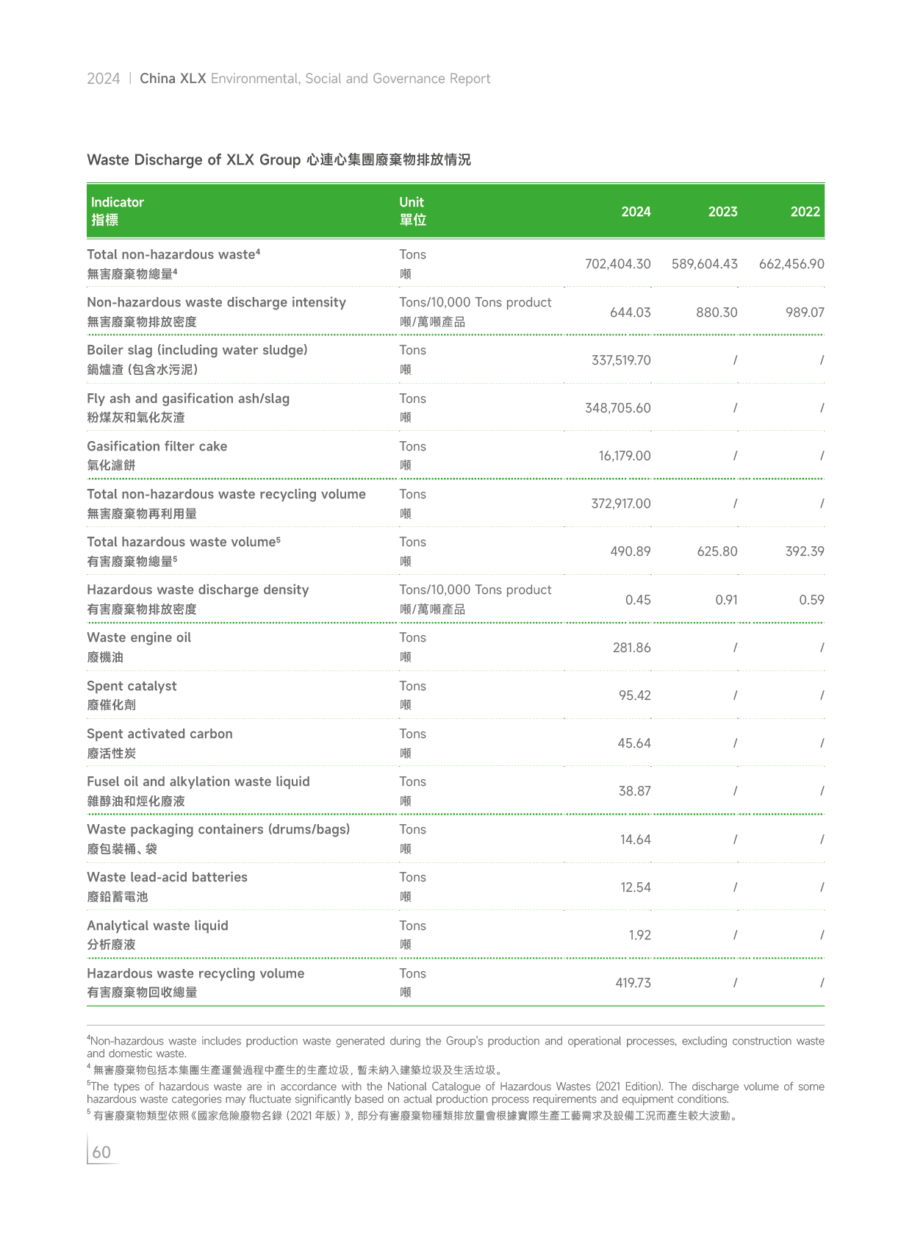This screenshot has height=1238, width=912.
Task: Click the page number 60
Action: (x=101, y=1152)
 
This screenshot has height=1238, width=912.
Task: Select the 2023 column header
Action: (x=722, y=212)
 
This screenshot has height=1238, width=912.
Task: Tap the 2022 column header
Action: (x=805, y=212)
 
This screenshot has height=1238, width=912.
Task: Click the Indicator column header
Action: (x=117, y=202)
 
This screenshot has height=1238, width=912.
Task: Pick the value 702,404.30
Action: (x=617, y=264)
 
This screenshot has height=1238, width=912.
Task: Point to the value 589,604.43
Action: (x=704, y=264)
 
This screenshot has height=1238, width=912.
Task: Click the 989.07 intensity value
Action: (x=805, y=312)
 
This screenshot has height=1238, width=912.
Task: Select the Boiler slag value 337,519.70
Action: (x=621, y=360)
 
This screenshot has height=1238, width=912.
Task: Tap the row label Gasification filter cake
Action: (x=157, y=446)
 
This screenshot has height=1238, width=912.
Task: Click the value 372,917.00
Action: (x=621, y=504)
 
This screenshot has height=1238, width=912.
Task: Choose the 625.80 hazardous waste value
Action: (x=717, y=551)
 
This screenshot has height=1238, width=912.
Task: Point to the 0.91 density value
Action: (x=726, y=600)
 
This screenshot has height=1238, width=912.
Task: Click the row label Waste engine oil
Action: (x=139, y=637)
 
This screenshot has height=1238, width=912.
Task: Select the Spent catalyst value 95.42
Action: (x=634, y=695)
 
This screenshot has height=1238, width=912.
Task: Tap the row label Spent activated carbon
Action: (x=159, y=734)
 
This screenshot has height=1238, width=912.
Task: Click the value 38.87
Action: (x=634, y=791)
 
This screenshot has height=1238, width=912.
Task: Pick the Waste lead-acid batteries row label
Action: (x=167, y=877)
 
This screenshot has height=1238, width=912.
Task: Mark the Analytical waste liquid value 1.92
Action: (x=639, y=935)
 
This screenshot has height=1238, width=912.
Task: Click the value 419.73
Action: (x=633, y=983)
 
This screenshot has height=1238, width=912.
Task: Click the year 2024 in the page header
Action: (x=103, y=79)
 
